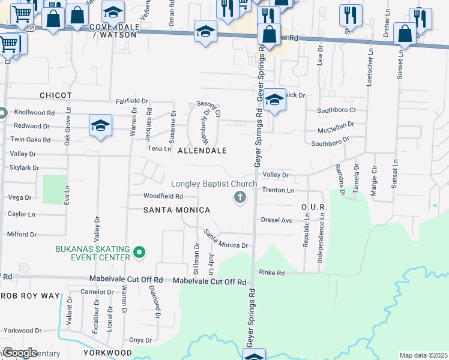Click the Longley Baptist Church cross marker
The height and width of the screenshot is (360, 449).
click(240, 197)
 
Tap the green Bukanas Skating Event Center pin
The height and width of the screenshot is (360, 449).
click(139, 253)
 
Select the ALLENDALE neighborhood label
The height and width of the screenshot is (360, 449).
click(202, 151)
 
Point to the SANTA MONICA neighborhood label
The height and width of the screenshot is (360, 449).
click(176, 210)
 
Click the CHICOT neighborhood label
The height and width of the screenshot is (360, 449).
click(56, 95)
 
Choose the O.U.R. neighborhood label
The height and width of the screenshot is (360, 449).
click(313, 207)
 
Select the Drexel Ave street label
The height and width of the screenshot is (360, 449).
click(277, 220)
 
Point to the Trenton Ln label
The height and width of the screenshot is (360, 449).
click(278, 190)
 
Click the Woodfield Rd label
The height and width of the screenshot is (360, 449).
click(163, 196)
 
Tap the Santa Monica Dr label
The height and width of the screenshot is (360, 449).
click(226, 239)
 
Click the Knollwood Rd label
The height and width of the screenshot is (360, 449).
click(34, 112)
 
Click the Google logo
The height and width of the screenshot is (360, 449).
click(20, 353)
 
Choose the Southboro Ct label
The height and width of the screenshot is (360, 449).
click(337, 110)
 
